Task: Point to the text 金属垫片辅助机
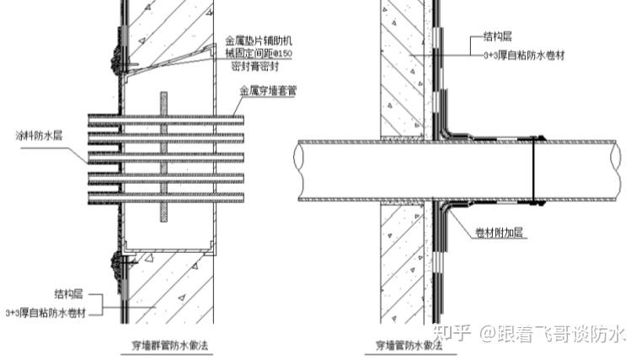(264, 40)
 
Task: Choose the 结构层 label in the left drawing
(68, 296)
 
